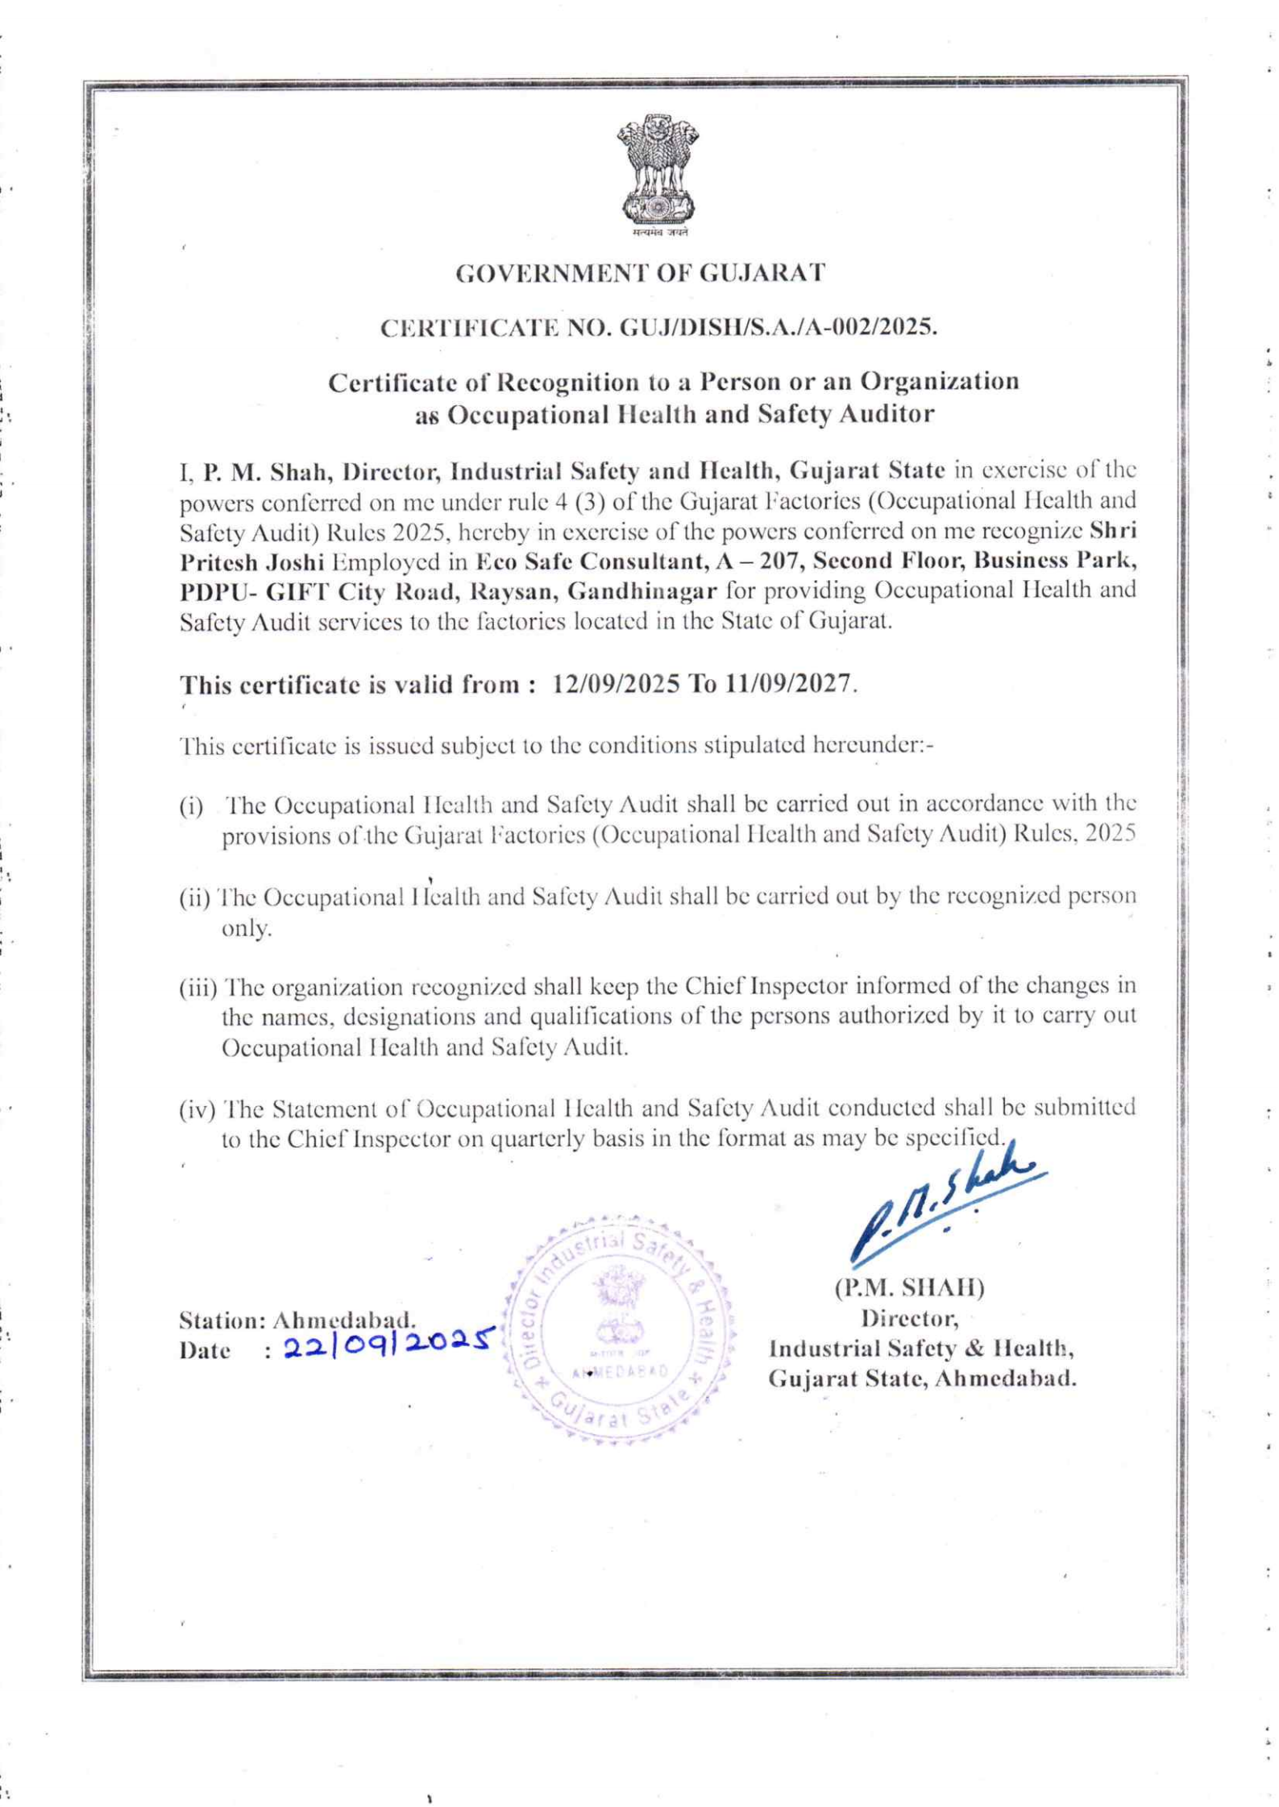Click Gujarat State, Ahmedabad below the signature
922,1378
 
